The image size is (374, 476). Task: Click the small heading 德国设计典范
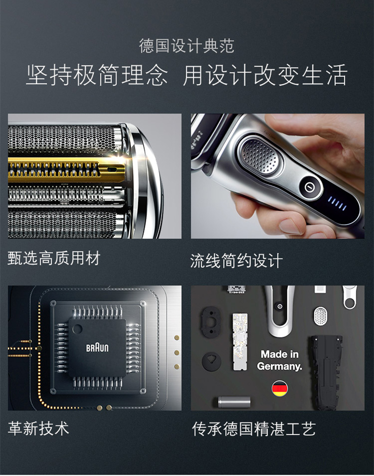(187, 46)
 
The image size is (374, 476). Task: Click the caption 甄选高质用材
(54, 259)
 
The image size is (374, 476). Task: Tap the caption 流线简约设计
(236, 260)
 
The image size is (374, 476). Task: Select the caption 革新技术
(39, 428)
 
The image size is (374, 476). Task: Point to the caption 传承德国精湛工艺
(254, 429)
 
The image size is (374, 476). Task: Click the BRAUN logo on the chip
(97, 348)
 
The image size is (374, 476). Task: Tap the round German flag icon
(279, 388)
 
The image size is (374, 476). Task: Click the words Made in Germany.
(279, 360)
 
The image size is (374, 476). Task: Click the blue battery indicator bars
(337, 203)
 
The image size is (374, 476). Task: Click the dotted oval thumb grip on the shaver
(261, 156)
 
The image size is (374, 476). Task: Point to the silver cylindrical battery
(234, 402)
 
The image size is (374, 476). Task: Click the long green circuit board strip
(240, 342)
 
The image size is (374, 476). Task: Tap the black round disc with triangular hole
(212, 361)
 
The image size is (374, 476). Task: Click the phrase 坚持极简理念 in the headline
(97, 75)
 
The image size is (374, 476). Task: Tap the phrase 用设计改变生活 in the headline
(265, 75)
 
